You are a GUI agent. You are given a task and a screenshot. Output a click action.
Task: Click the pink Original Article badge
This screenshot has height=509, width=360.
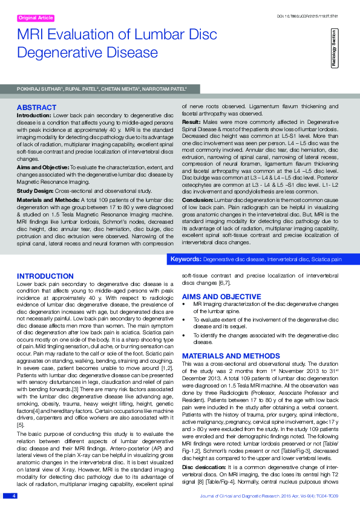tap(37, 19)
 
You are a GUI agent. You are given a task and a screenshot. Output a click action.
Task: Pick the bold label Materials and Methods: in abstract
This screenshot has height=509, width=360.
tap(50, 183)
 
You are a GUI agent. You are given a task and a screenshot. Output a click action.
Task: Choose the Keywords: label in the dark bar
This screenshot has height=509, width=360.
tap(186, 259)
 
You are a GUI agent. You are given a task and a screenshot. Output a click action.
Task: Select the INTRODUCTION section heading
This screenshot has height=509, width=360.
tap(45, 276)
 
